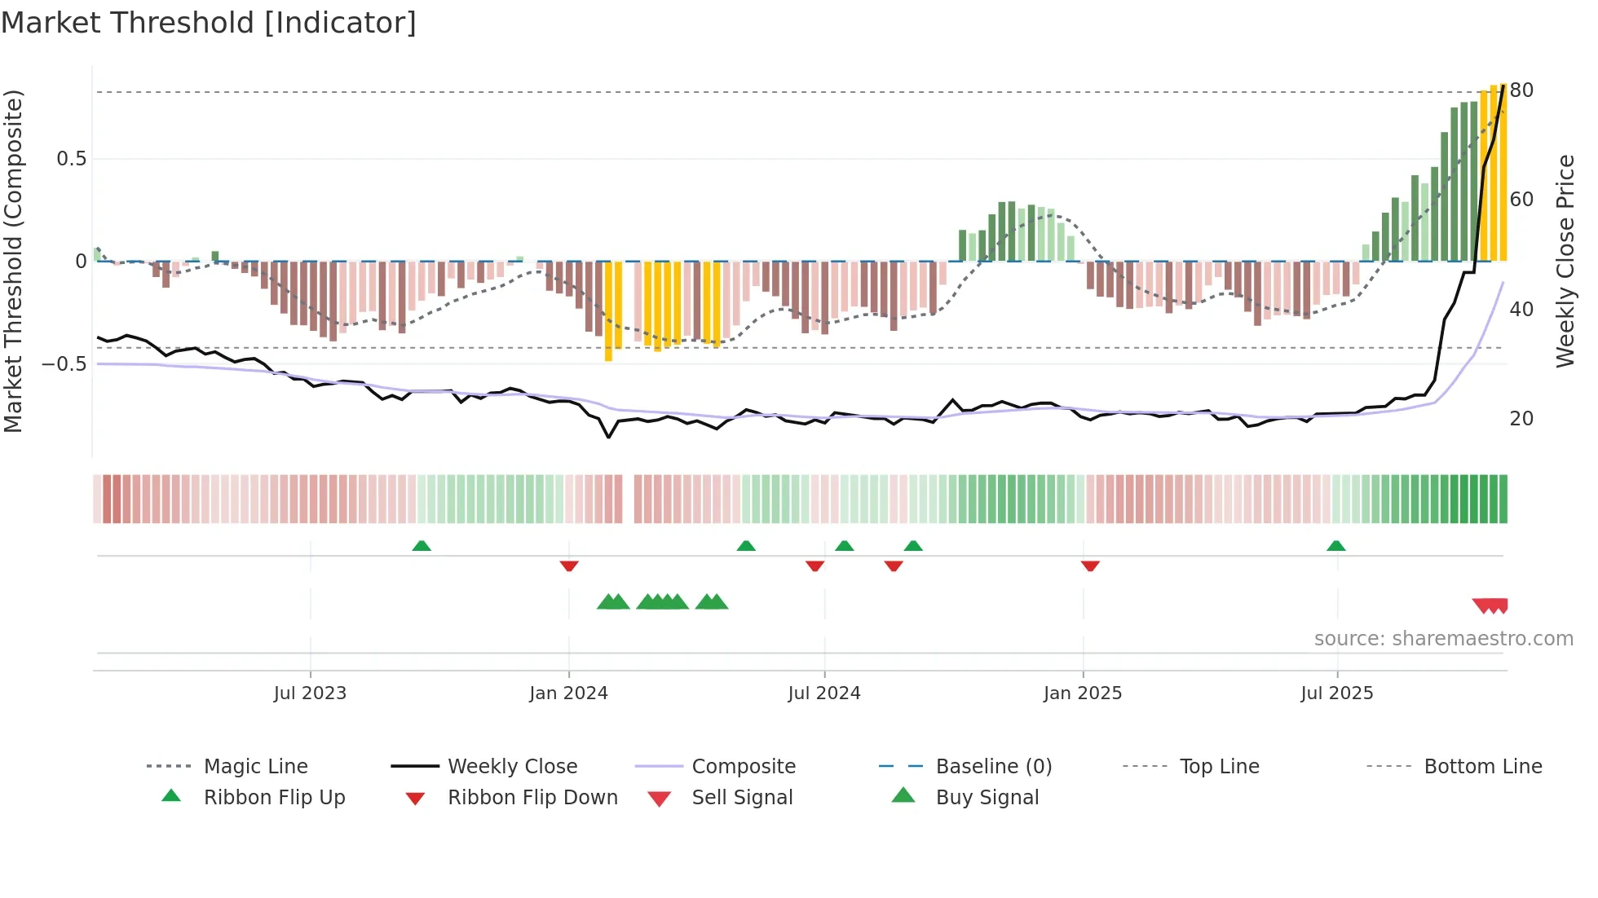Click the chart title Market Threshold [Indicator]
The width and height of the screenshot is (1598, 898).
(x=209, y=23)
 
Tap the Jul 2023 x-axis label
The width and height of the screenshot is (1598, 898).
(x=310, y=693)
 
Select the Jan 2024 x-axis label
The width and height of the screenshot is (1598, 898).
(x=568, y=693)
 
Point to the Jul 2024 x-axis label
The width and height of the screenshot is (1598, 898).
(x=824, y=693)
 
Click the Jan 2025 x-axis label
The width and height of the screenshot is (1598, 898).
(x=1083, y=693)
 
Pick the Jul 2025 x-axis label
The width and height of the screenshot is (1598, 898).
(x=1337, y=693)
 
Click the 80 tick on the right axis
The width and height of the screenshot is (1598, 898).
(x=1521, y=90)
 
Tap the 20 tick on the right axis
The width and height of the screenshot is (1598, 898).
(x=1521, y=419)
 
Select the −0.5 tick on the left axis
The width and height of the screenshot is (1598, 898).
(x=64, y=363)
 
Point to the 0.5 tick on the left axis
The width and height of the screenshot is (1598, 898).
(x=72, y=159)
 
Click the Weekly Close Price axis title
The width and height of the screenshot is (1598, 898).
(x=1565, y=261)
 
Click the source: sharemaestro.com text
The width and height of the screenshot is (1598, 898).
(x=1443, y=639)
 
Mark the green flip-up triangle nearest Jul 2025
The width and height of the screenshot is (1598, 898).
(x=1335, y=546)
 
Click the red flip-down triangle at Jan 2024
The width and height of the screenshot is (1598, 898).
(x=569, y=566)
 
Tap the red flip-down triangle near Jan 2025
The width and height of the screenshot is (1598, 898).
(x=1090, y=566)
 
